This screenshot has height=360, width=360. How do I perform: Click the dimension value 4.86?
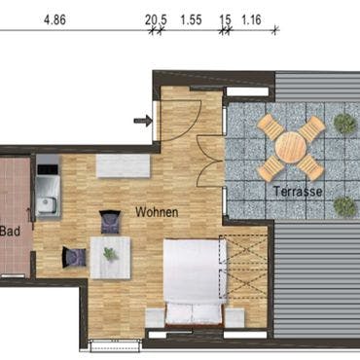pos(54,19)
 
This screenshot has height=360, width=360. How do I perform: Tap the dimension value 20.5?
pos(156,19)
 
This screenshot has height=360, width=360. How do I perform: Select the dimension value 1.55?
pos(192,19)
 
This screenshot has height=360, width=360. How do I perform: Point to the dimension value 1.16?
pos(251,19)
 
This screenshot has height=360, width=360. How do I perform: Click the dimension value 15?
pos(225,19)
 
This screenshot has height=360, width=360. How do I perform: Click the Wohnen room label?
pos(157,212)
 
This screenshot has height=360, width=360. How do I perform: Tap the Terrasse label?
pos(298,191)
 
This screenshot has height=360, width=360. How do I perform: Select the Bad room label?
pos(10,232)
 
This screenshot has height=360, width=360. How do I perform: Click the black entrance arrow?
pos(143,121)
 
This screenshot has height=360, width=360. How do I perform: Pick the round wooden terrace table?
pos(291,148)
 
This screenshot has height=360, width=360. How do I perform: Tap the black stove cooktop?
pos(48,169)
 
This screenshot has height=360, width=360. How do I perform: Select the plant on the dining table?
pos(110,254)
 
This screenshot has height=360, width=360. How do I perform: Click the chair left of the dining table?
pos(74,257)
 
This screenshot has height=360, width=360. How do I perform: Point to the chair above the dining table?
pos(110,222)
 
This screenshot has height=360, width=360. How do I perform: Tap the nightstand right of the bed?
pos(234,317)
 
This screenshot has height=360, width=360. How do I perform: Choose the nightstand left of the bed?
pos(155,318)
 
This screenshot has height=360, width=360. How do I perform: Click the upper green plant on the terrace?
pos(345,123)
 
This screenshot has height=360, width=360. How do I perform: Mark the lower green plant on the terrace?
pos(345,206)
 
